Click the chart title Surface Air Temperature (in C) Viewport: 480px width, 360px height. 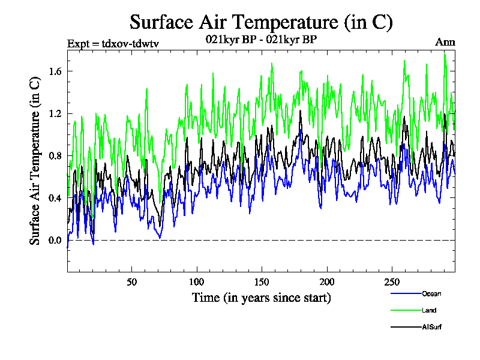(261, 22)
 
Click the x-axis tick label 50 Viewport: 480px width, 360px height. (132, 282)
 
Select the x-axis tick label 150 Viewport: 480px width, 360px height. (262, 282)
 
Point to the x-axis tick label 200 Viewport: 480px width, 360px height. (326, 282)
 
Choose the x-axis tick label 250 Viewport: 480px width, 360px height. (391, 282)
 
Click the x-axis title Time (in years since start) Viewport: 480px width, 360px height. (261, 298)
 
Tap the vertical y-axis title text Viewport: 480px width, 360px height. (36, 163)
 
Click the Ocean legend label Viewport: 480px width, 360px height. (431, 293)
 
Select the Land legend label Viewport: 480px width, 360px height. (429, 310)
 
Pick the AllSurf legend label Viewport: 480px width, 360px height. (433, 327)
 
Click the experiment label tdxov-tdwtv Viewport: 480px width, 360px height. (112, 43)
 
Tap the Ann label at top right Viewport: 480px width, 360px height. (445, 42)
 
